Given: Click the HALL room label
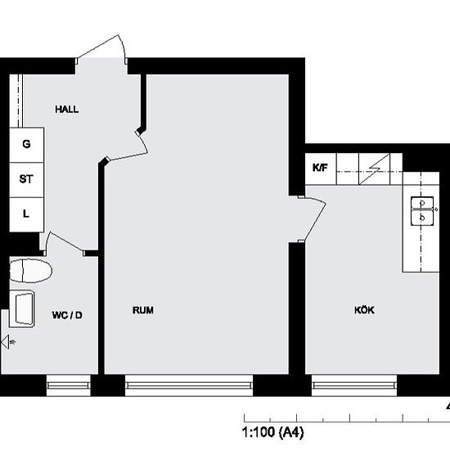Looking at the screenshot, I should click(67, 109).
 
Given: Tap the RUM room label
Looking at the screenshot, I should click(143, 310).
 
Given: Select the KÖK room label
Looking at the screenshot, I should click(364, 310).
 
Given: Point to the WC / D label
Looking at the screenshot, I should click(67, 314).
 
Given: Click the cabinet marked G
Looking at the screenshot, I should click(26, 144).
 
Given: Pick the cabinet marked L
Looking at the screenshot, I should click(26, 214).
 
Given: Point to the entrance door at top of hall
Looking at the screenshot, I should click(102, 51).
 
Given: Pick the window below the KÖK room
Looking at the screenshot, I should click(353, 383).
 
